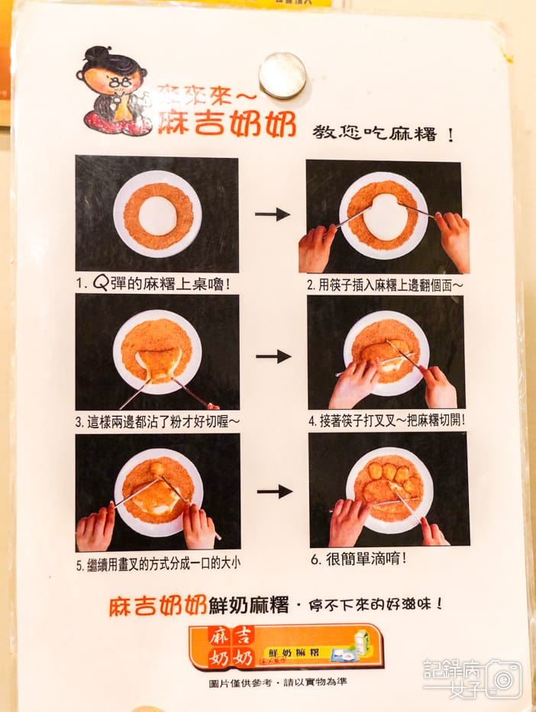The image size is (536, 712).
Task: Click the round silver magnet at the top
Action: [283, 75]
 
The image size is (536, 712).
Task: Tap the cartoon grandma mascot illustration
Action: [116, 92]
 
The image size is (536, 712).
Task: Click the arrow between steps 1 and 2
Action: [273, 214]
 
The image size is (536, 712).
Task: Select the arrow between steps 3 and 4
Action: [273, 356]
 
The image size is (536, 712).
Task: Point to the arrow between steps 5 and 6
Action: [274, 491]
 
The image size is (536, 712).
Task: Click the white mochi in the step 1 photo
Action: [158, 216]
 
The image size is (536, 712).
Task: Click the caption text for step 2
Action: [386, 285]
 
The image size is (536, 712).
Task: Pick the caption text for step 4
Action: [386, 420]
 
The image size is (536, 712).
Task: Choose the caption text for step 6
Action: [359, 558]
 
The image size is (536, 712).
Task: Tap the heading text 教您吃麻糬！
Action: [383, 134]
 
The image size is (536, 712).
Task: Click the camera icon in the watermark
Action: [503, 678]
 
